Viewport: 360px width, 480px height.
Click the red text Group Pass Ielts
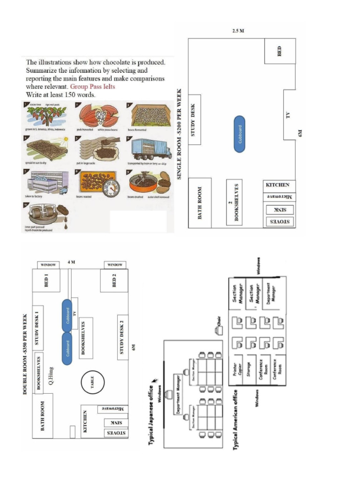tap(92, 87)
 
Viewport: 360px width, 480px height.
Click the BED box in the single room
tap(280, 51)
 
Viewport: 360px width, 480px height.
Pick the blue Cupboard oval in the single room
tap(240, 133)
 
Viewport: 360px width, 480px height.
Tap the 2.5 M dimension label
tap(238, 31)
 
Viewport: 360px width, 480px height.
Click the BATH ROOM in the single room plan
tap(200, 203)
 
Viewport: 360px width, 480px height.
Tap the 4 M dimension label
tap(71, 262)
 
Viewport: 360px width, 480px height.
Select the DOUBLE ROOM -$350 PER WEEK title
tap(25, 353)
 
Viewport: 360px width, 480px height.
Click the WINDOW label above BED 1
tap(48, 265)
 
